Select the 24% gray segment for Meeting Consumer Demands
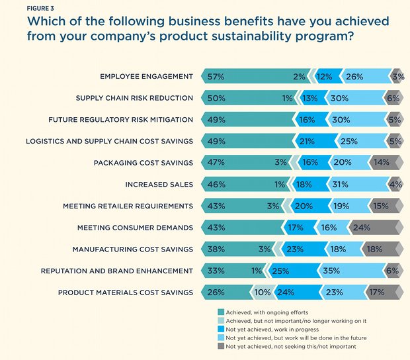click(x=374, y=227)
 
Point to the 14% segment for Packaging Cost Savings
click(x=383, y=162)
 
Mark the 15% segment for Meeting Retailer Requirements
click(x=383, y=206)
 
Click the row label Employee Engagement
click(x=146, y=77)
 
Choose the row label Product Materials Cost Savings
click(x=126, y=292)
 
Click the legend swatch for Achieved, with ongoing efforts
click(x=220, y=311)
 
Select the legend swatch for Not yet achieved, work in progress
click(x=220, y=328)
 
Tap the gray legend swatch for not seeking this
click(x=220, y=345)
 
